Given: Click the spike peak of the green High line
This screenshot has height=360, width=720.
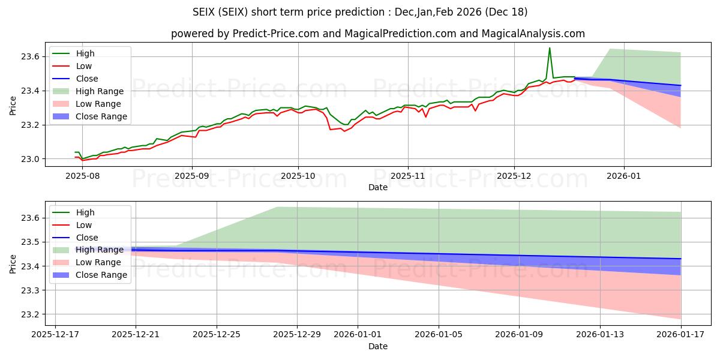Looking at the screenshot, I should tap(549, 48).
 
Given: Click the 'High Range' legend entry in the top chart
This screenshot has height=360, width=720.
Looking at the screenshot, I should tap(99, 91).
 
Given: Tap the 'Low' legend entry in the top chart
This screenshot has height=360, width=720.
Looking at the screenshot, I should tap(84, 66).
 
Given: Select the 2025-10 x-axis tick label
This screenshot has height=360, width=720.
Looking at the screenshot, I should tap(298, 176).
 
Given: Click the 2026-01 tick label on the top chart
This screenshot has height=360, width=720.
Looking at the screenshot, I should tap(624, 176).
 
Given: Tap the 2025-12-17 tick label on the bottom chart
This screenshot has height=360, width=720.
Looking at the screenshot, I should tap(55, 335).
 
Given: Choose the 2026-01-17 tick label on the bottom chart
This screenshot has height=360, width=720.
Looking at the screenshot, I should tap(681, 335).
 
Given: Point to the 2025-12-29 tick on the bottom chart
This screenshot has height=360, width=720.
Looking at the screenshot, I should tap(297, 335).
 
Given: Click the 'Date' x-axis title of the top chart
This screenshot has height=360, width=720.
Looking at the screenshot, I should tap(378, 187).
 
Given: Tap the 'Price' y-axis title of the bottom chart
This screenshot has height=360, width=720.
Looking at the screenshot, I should tap(13, 263).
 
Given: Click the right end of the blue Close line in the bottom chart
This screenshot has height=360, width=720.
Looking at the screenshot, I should tap(681, 259).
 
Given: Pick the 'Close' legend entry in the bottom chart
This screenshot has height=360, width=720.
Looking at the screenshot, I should tap(87, 238).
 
